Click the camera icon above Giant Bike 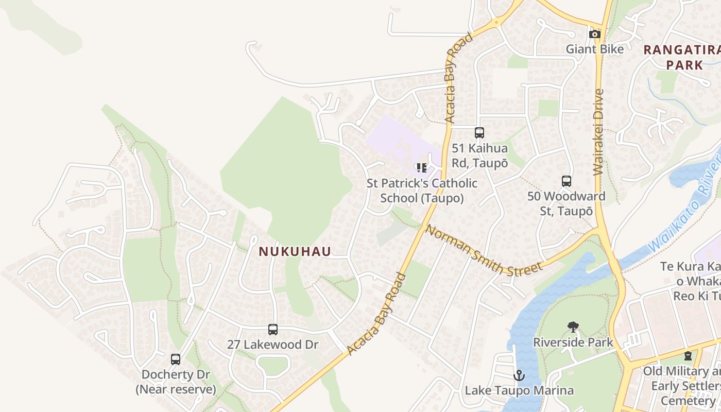(x=595, y=35)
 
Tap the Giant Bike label (x=595, y=49)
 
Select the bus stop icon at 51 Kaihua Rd (x=479, y=133)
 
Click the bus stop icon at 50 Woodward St (x=566, y=181)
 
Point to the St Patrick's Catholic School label (x=422, y=191)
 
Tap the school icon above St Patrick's (x=422, y=168)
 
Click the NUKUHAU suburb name (x=295, y=251)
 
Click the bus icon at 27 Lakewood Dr (x=273, y=330)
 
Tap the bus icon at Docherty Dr (x=176, y=359)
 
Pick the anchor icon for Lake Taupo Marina (x=519, y=375)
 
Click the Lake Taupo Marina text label (x=519, y=390)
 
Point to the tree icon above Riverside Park (x=573, y=327)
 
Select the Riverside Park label (x=573, y=342)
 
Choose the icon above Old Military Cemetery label (x=688, y=356)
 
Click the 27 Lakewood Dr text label (x=273, y=345)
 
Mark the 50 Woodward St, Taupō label (x=566, y=204)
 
